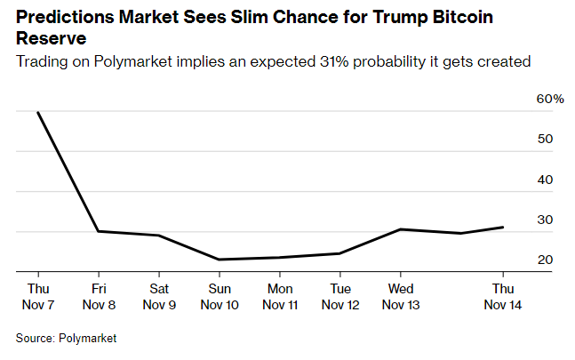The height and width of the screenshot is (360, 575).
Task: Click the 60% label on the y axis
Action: tap(550, 99)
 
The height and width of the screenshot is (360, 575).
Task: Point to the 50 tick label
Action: tap(545, 139)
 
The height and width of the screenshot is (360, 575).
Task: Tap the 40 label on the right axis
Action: tap(545, 180)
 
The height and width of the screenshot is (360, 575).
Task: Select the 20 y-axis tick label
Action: tap(545, 260)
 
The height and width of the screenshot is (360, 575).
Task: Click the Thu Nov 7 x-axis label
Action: tap(38, 297)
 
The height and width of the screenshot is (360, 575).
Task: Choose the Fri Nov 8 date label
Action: tap(99, 297)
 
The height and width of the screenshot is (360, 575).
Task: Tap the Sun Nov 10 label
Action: tap(220, 297)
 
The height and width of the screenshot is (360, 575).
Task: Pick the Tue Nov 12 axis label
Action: tap(340, 297)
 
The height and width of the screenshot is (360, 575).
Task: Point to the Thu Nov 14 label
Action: tap(503, 297)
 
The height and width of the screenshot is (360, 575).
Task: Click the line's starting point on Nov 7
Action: tap(38, 112)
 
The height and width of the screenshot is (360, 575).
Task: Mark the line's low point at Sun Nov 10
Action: tap(220, 260)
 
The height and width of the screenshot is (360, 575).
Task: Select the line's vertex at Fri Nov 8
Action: tap(99, 231)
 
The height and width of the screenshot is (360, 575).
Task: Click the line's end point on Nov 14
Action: tap(503, 228)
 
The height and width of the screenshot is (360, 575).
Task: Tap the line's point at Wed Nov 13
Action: tap(401, 229)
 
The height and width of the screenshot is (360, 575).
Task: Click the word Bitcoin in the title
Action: tap(463, 17)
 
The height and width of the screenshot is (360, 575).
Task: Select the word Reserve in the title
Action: tap(52, 38)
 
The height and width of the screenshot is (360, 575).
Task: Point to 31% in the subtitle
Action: tap(333, 61)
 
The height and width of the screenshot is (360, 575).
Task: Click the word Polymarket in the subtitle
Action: tap(132, 61)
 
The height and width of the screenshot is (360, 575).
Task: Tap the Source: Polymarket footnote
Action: tap(66, 338)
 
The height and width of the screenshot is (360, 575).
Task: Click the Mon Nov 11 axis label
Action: tap(280, 297)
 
